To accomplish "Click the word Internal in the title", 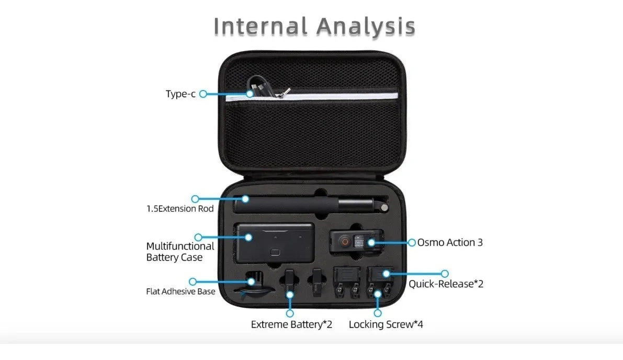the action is tap(260, 26).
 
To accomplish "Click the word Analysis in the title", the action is tap(366, 27).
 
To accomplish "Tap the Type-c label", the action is tap(180, 94).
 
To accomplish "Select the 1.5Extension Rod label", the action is tap(180, 209).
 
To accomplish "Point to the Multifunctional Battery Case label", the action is tap(180, 252).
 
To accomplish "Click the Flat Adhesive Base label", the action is tap(181, 291).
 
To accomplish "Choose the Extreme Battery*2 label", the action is tap(291, 324).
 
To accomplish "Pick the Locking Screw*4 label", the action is tap(386, 324).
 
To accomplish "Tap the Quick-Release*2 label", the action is tap(446, 284).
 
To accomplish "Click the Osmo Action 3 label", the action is tap(450, 242).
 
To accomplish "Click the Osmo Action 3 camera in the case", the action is tap(356, 241).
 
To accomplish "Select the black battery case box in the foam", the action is tap(275, 243).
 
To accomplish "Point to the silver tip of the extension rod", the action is tap(384, 207).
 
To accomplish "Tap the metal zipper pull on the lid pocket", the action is tap(284, 93).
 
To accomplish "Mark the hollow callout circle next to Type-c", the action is tap(203, 94).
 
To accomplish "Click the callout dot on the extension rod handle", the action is tap(245, 199).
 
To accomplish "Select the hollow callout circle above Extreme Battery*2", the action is tap(290, 313).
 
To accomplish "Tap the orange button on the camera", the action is tap(345, 241).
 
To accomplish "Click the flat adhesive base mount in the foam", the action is tap(254, 285).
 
